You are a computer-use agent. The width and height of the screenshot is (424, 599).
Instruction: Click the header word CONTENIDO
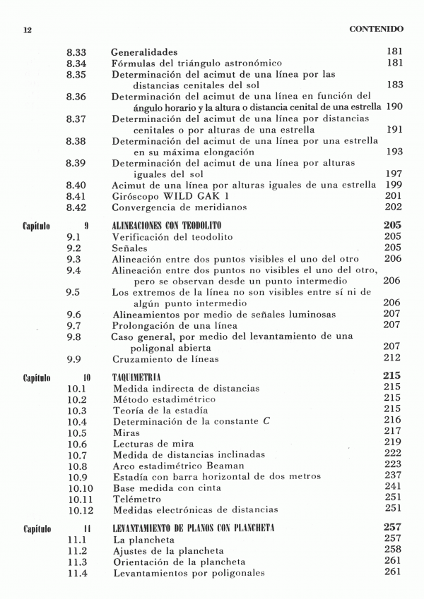coord(377,30)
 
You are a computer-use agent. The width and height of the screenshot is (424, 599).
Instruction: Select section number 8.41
coord(76,196)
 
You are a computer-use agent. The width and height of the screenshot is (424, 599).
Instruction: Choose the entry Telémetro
coord(138,497)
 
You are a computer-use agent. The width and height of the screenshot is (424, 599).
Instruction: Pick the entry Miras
coord(126,432)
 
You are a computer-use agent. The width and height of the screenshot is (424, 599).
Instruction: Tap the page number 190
coord(394,106)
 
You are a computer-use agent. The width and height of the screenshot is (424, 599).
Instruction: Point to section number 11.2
coord(76,550)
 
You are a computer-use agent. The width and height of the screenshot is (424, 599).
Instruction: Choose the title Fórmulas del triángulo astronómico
coord(196,63)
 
